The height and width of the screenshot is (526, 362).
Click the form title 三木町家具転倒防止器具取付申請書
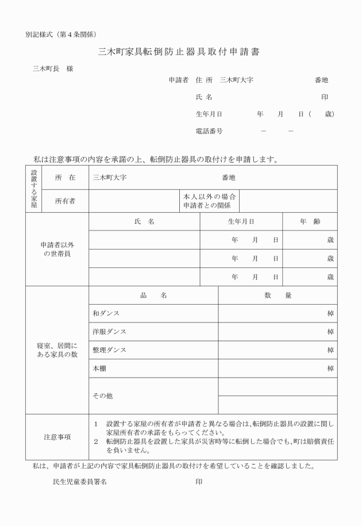(179, 52)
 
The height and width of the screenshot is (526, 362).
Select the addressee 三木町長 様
(53, 69)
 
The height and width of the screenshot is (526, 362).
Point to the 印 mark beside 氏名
(325, 97)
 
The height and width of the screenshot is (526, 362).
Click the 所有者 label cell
(66, 201)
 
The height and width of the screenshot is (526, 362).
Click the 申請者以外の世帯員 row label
(57, 249)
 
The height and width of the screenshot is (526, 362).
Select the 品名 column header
(153, 295)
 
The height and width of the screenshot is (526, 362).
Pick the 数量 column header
(278, 295)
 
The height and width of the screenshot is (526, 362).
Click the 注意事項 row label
(57, 437)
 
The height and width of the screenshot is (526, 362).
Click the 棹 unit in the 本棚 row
(330, 368)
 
